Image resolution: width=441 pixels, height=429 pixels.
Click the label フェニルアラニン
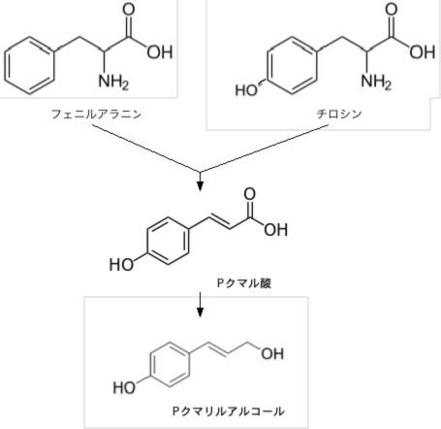(x=96, y=114)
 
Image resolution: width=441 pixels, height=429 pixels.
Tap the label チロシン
(x=339, y=114)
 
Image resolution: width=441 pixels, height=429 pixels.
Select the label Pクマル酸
(x=244, y=283)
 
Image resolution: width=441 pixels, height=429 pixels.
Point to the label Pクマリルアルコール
(x=229, y=411)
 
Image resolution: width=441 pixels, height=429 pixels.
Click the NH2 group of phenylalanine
(x=113, y=82)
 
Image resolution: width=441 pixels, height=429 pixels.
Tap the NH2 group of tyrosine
(x=376, y=82)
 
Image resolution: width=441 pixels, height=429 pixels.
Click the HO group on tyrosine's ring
(x=246, y=90)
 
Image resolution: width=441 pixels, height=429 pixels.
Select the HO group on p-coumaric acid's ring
(x=121, y=264)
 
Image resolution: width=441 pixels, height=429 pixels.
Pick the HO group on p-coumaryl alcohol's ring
(x=124, y=387)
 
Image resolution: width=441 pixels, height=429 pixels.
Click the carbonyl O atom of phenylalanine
(x=128, y=9)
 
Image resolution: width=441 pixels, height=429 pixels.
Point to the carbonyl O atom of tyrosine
(x=392, y=9)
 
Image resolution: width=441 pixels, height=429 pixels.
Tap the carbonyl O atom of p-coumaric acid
(x=249, y=194)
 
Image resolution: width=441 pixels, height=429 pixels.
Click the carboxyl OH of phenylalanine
(x=160, y=51)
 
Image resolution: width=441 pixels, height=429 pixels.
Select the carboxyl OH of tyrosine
(x=423, y=51)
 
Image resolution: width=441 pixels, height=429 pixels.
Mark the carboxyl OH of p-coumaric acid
(x=275, y=229)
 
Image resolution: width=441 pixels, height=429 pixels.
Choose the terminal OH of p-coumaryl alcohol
(x=272, y=353)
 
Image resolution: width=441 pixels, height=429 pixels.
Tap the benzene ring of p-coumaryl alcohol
(x=150, y=365)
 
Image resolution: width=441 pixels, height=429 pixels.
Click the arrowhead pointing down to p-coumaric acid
(x=200, y=186)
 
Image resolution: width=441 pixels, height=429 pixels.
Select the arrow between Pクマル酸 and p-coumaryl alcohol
(x=200, y=305)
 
